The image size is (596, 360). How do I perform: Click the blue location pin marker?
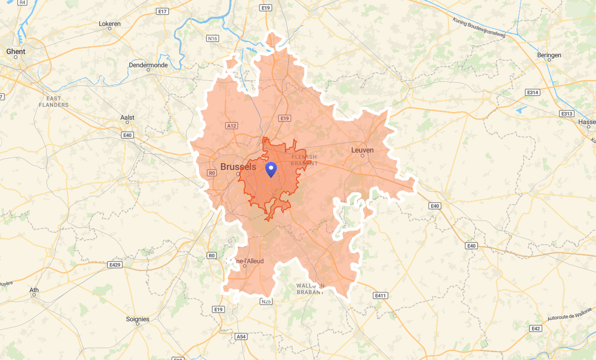point(271,169)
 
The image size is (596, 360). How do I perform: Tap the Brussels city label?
point(238,167)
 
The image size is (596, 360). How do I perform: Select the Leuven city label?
point(362,150)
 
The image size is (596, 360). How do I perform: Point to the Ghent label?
point(16,51)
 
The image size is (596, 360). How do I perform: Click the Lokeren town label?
point(110,24)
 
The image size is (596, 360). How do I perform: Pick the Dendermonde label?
point(148,65)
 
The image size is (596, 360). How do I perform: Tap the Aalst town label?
point(127,118)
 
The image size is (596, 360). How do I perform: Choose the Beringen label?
point(549,55)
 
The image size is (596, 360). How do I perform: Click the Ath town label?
point(34,290)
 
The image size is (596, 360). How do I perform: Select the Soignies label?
point(138,319)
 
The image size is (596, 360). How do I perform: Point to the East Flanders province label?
point(54,102)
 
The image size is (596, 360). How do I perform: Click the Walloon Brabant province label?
point(311,289)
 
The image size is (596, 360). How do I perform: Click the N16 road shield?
point(213,38)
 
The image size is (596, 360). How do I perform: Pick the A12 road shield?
point(231,126)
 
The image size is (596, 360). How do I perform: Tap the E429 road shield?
point(114,265)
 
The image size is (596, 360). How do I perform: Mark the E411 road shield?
point(379,295)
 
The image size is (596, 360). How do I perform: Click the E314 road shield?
point(533,92)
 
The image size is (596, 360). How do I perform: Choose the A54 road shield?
point(241,336)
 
